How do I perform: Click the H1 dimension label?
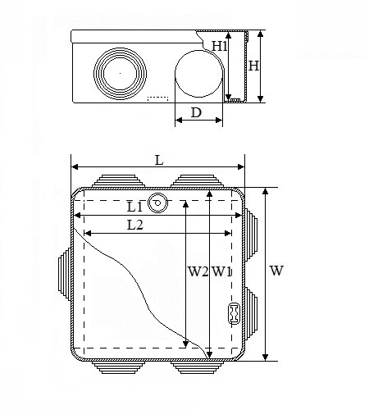pyautogui.click(x=220, y=46)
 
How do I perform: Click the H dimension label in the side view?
pyautogui.click(x=253, y=66)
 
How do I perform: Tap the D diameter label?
pyautogui.click(x=196, y=112)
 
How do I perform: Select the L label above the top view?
pyautogui.click(x=159, y=161)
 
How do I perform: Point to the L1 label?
pyautogui.click(x=134, y=207)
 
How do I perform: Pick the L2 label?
pyautogui.click(x=135, y=225)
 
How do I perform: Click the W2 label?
pyautogui.click(x=198, y=271)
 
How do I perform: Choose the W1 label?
pyautogui.click(x=221, y=271)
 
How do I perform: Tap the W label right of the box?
pyautogui.click(x=276, y=271)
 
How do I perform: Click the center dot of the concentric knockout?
pyautogui.click(x=120, y=73)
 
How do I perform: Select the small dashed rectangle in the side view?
pyautogui.click(x=157, y=98)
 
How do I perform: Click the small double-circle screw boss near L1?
pyautogui.click(x=157, y=203)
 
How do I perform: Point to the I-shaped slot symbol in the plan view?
pyautogui.click(x=234, y=313)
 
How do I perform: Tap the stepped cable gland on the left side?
pyautogui.click(x=65, y=274)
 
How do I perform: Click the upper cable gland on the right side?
pyautogui.click(x=251, y=235)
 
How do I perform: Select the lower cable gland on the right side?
pyautogui.click(x=251, y=313)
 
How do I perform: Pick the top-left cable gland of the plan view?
pyautogui.click(x=118, y=181)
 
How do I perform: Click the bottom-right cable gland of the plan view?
pyautogui.click(x=197, y=367)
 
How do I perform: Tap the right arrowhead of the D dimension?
pyautogui.click(x=219, y=120)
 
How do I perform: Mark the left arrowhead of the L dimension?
pyautogui.click(x=75, y=166)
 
